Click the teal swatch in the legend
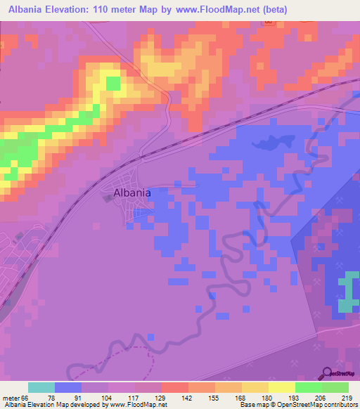coord(41,387)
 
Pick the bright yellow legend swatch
coord(282,387)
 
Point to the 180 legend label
coord(268,397)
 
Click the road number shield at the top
coord(268,22)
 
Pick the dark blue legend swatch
coord(68,387)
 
